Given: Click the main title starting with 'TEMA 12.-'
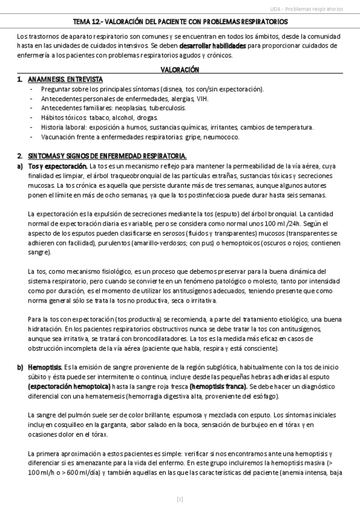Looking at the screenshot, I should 180,21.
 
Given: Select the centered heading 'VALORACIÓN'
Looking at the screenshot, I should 180,70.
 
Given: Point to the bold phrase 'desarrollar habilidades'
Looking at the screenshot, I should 212,46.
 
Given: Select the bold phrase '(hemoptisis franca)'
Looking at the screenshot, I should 218,387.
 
